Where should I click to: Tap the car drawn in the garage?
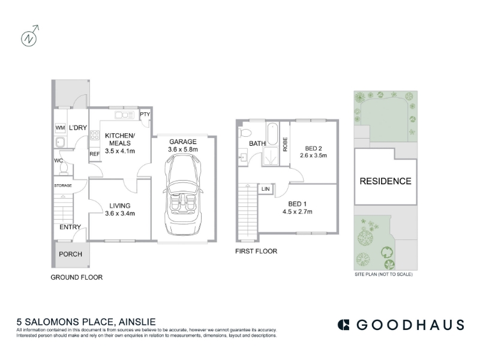pyautogui.click(x=183, y=194)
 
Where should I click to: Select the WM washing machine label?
pyautogui.click(x=61, y=128)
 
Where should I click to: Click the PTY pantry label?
pyautogui.click(x=145, y=114)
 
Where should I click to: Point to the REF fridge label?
pyautogui.click(x=95, y=154)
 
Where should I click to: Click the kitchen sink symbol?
pyautogui.click(x=124, y=115)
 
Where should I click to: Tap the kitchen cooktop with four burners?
pyautogui.click(x=95, y=135)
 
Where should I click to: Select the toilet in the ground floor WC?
pyautogui.click(x=64, y=169)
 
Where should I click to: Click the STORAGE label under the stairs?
pyautogui.click(x=63, y=185)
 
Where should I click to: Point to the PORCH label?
pyautogui.click(x=70, y=254)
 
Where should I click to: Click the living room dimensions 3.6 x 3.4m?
pyautogui.click(x=119, y=214)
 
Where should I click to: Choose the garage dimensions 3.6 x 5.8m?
pyautogui.click(x=183, y=149)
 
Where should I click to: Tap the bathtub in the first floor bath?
pyautogui.click(x=272, y=134)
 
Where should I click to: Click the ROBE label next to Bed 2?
pyautogui.click(x=286, y=144)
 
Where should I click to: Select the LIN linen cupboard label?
pyautogui.click(x=266, y=189)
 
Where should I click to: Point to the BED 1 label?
pyautogui.click(x=297, y=204)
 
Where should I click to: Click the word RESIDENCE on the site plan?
pyautogui.click(x=385, y=181)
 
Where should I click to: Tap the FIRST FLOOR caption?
pyautogui.click(x=256, y=251)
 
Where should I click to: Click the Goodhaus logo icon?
pyautogui.click(x=343, y=325)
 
